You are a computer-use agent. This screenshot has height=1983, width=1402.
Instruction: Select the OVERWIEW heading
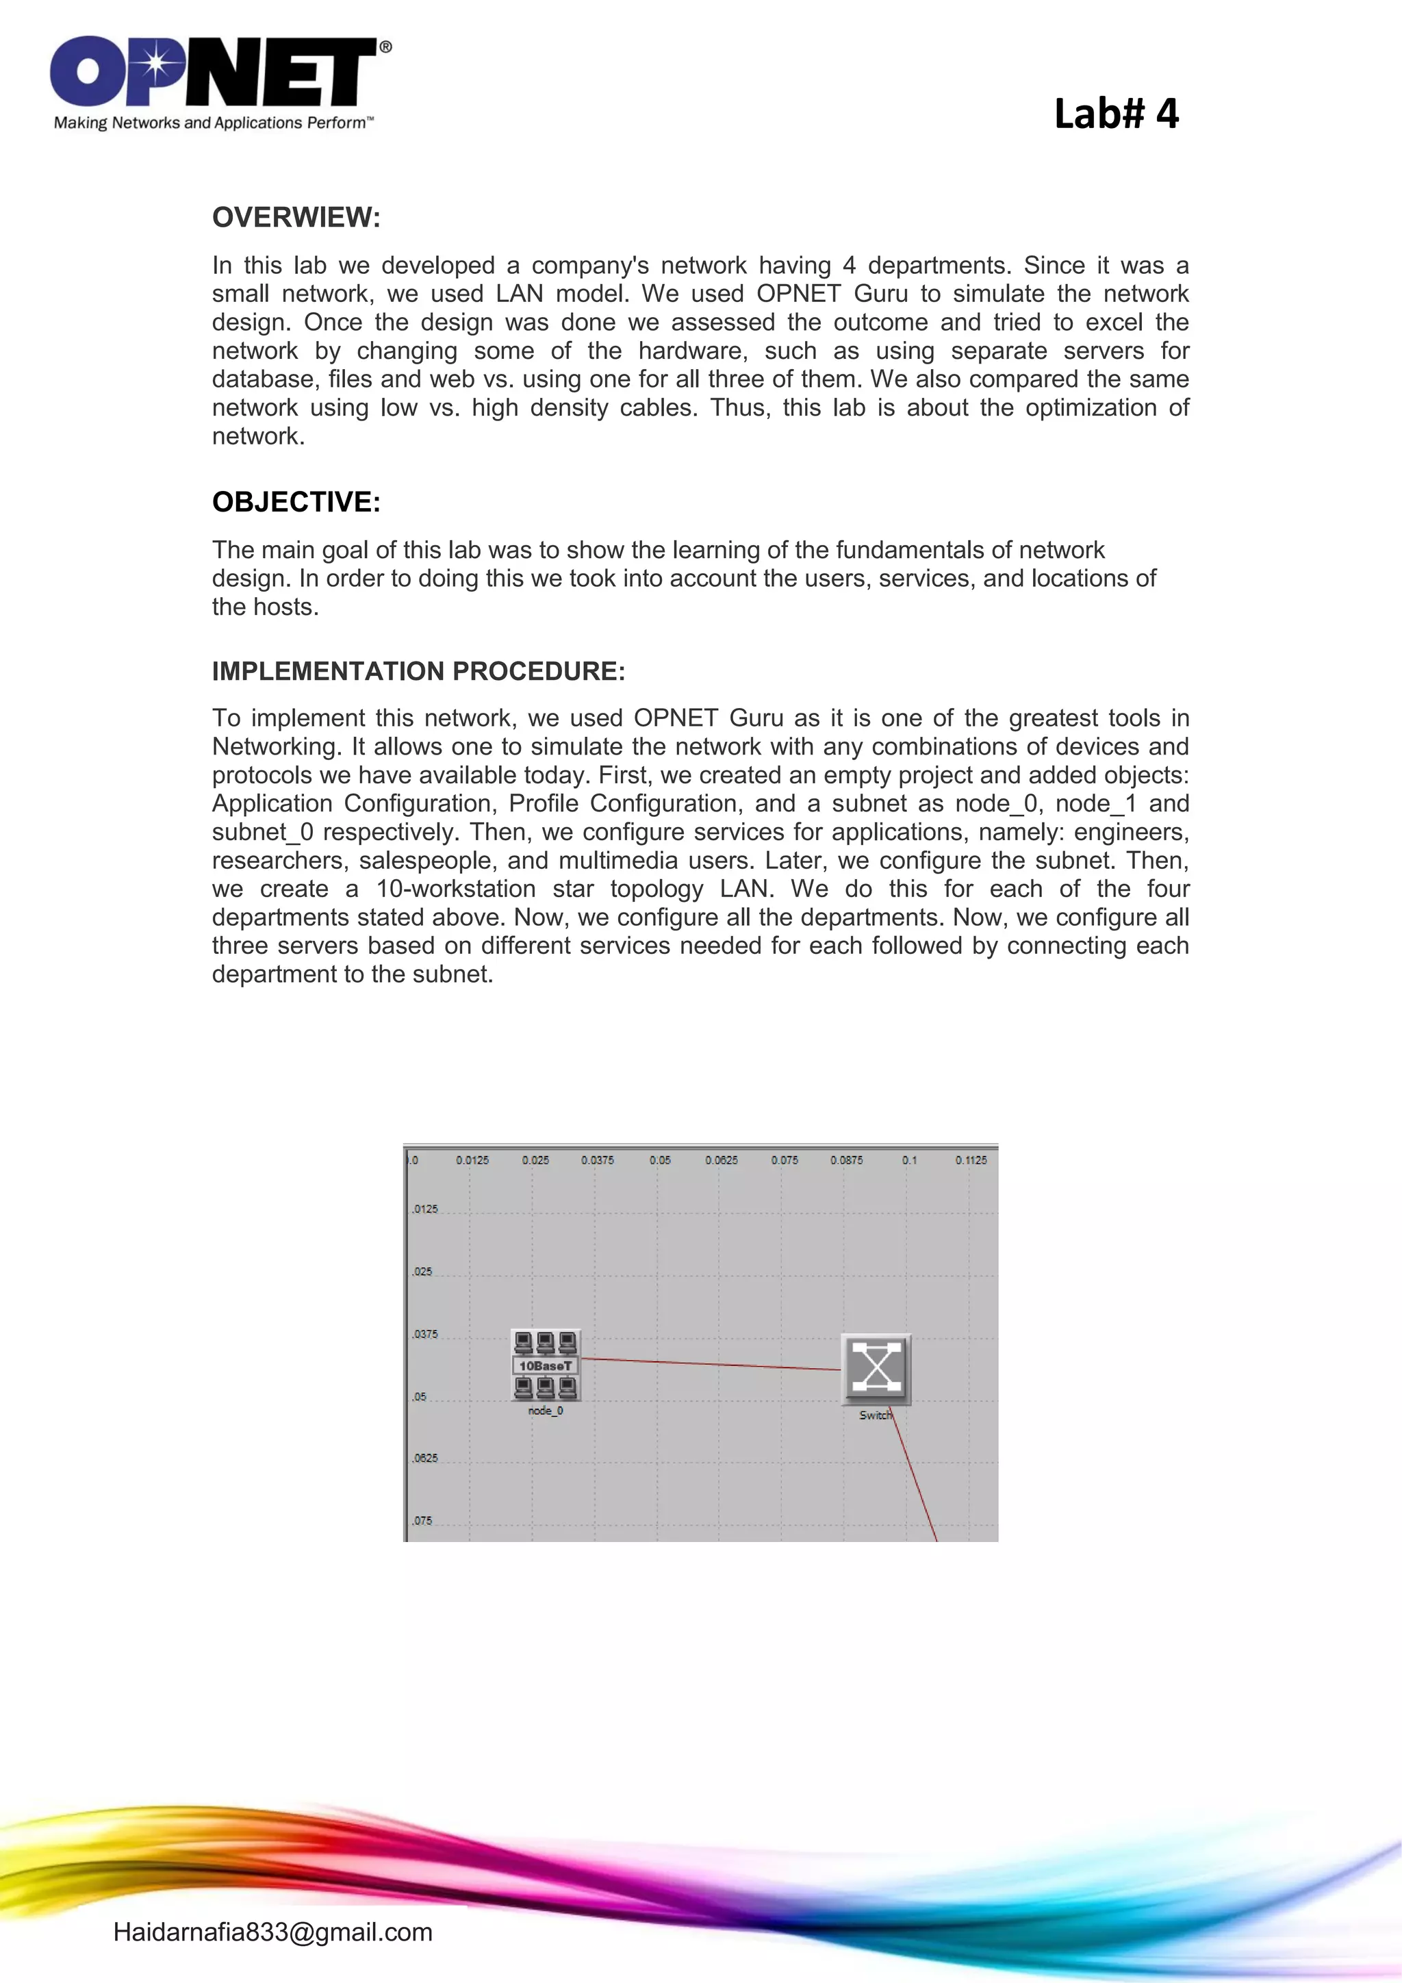tap(296, 218)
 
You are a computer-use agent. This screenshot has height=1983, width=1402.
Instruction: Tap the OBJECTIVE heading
tap(296, 502)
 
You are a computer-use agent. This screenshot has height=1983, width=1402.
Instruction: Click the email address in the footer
tap(273, 1932)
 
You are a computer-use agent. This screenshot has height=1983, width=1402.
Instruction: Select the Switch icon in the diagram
tap(876, 1369)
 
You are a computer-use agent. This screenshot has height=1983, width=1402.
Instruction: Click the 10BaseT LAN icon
tap(546, 1365)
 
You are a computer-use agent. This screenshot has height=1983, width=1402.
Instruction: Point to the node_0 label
tap(546, 1411)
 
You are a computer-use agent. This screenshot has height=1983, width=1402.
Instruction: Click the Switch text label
tap(874, 1415)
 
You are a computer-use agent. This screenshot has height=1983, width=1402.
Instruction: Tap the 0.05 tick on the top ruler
tap(659, 1160)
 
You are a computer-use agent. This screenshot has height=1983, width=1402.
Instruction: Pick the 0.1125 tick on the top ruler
tap(970, 1160)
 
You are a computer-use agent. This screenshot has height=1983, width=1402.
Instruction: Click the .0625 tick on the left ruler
tap(424, 1458)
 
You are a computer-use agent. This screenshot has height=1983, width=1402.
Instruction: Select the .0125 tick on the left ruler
tap(424, 1209)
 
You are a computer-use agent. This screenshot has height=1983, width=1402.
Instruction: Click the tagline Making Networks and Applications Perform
tap(212, 123)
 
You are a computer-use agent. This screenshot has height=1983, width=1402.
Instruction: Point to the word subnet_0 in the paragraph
tap(262, 832)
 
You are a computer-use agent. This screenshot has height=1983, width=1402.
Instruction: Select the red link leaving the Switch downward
tap(915, 1477)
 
